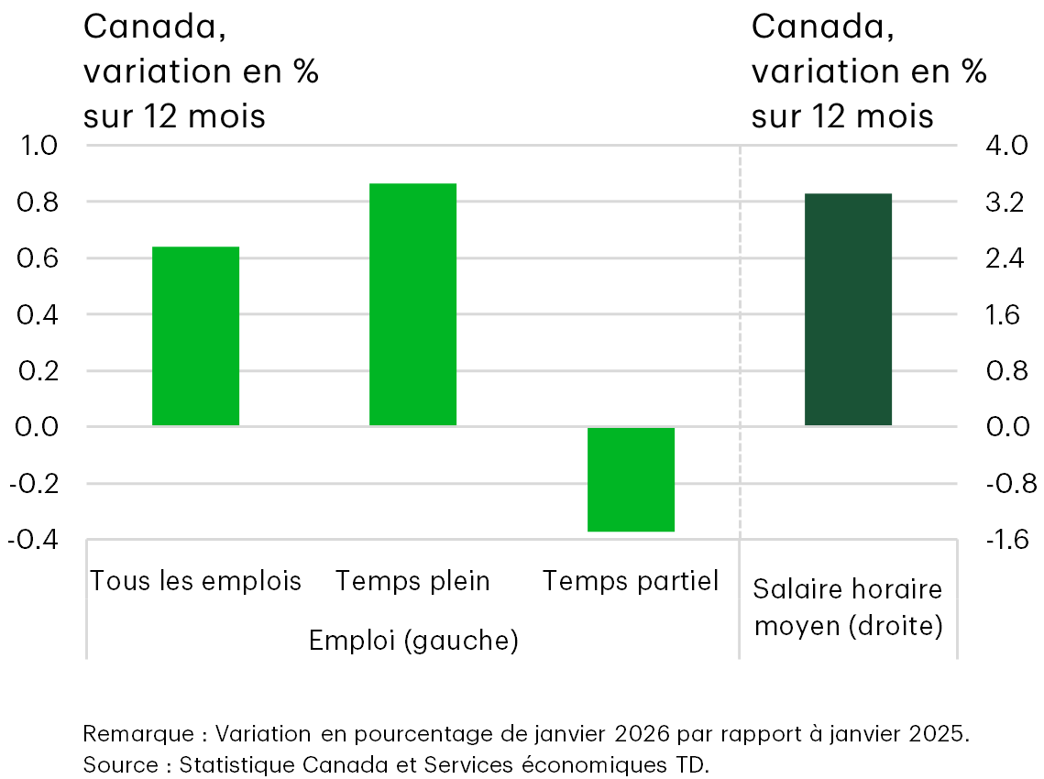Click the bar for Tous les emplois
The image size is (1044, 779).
click(x=195, y=336)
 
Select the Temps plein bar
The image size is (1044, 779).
click(x=412, y=304)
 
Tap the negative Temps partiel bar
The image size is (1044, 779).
click(x=631, y=479)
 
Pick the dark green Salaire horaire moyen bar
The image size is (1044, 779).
click(x=848, y=310)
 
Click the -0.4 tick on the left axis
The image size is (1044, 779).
click(x=33, y=540)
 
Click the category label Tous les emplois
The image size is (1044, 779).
click(x=195, y=581)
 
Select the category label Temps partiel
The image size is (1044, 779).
click(x=631, y=581)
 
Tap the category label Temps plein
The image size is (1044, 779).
click(x=412, y=581)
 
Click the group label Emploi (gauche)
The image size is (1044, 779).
click(x=413, y=641)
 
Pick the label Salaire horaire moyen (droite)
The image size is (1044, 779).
click(x=848, y=608)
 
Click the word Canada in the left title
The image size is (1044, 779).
click(x=152, y=27)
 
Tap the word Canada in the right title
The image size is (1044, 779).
click(x=820, y=27)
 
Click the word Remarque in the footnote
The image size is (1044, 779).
click(x=137, y=734)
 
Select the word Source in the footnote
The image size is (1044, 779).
click(x=118, y=763)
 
